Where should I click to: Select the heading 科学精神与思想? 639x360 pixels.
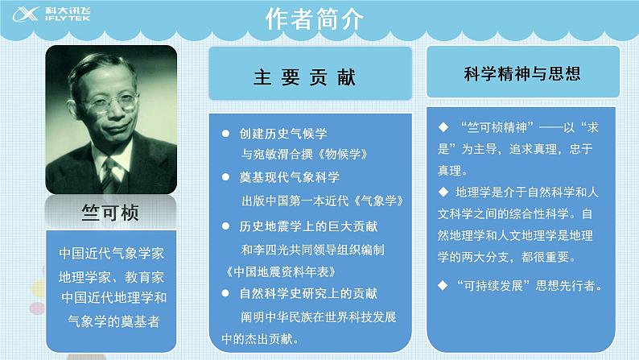(522, 73)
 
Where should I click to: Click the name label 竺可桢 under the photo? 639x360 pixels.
(110, 213)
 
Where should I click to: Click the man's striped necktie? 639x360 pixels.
(109, 172)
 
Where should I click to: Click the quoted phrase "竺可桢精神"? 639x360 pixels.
(494, 129)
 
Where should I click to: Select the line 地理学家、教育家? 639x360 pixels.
(110, 277)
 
